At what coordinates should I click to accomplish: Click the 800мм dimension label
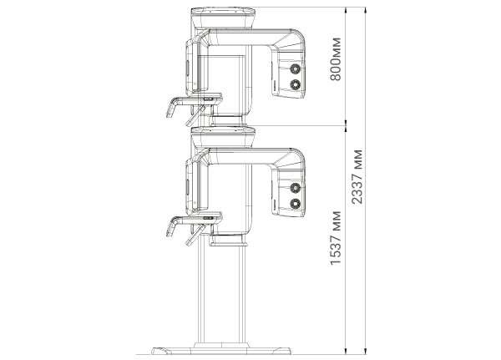pos(336,59)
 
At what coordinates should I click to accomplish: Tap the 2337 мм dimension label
pos(357,177)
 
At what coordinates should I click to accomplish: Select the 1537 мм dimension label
pos(336,238)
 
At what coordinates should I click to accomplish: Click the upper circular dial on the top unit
pos(296,68)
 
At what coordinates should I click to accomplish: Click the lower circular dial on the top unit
pos(296,84)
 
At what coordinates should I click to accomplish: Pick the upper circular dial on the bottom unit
pos(296,188)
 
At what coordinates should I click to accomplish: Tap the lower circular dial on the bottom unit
pos(296,204)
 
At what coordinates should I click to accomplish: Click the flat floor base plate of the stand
pos(221,351)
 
